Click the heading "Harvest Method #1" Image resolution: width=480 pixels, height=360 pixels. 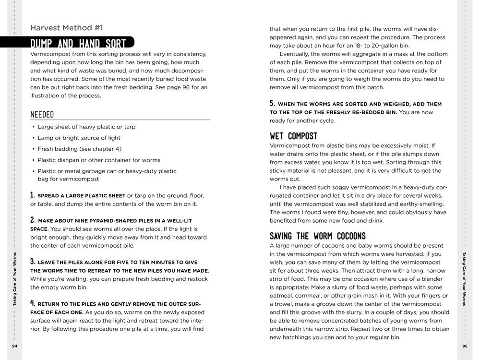pyautogui.click(x=66, y=28)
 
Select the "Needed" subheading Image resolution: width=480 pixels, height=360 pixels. pyautogui.click(x=42, y=115)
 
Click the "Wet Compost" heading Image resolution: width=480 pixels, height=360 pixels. pyautogui.click(x=293, y=136)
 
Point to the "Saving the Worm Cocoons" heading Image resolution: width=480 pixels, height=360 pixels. pyautogui.click(x=317, y=236)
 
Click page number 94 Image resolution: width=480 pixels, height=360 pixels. pyautogui.click(x=14, y=346)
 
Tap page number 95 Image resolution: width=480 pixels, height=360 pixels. pyautogui.click(x=465, y=346)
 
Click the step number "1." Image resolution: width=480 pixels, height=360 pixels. pyautogui.click(x=33, y=195)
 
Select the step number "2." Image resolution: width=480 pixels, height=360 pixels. pyautogui.click(x=33, y=219)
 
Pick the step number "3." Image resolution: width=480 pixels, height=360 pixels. pyautogui.click(x=33, y=262)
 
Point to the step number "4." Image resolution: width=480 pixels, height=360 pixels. pyautogui.click(x=33, y=303)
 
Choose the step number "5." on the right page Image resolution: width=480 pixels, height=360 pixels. pyautogui.click(x=272, y=103)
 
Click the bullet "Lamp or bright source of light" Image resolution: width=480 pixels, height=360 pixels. pyautogui.click(x=79, y=138)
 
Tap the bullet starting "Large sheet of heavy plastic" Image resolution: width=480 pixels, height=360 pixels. pyautogui.click(x=86, y=127)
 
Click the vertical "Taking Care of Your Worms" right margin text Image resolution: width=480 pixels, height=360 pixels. pyautogui.click(x=465, y=278)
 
